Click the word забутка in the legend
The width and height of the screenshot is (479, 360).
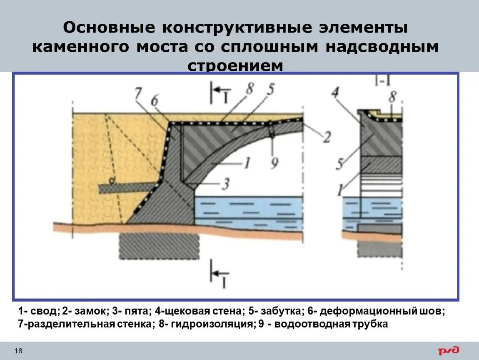click(x=275, y=311)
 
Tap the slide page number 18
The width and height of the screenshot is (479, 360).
click(x=19, y=352)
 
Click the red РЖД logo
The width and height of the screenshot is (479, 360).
click(x=448, y=351)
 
